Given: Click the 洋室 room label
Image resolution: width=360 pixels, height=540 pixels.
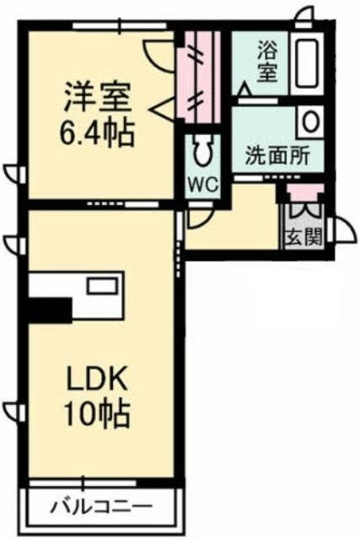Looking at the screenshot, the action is click(98, 97).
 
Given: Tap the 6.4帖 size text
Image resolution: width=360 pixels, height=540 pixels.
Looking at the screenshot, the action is click(96, 133).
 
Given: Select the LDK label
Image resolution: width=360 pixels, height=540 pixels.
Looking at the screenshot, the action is click(97, 378).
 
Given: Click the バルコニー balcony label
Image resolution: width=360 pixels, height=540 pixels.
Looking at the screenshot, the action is click(101, 506).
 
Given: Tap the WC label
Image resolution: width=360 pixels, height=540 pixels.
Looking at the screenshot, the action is click(203, 185).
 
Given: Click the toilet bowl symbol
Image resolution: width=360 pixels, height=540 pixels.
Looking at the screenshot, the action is click(202, 151).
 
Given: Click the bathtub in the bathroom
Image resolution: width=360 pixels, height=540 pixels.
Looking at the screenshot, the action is click(307, 62).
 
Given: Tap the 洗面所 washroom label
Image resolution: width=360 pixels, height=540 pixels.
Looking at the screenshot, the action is click(277, 157).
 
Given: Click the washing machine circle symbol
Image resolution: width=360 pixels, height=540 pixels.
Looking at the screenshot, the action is click(310, 121).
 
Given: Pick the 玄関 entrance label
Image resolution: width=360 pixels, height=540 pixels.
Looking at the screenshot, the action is click(304, 237).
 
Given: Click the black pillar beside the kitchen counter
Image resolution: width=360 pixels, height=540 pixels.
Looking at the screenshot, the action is click(50, 309).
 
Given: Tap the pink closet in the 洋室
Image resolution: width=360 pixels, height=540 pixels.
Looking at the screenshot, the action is click(199, 77).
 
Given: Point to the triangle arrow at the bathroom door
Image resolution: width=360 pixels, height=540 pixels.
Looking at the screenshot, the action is click(245, 89).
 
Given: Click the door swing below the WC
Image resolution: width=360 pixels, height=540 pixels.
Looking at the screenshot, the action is click(201, 218).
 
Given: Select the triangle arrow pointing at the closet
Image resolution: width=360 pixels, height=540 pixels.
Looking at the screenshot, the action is click(163, 109).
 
